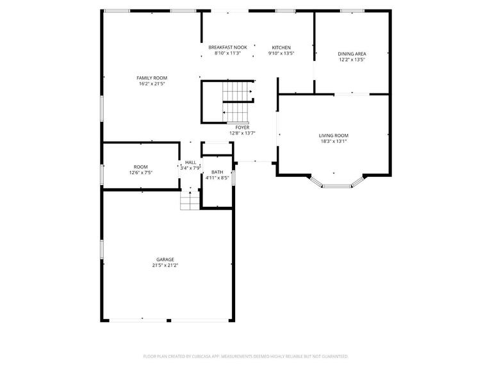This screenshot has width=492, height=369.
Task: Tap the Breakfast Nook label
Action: pos(227,47)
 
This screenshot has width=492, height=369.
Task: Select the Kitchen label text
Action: pos(281,47)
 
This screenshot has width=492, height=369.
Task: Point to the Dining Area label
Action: pos(352,54)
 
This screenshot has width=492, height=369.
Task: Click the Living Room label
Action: pos(334,135)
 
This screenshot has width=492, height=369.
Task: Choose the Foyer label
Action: pos(242,127)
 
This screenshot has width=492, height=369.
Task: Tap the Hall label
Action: pos(190,163)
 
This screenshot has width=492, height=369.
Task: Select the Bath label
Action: pos(217,172)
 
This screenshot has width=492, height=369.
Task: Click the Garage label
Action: pos(165,259)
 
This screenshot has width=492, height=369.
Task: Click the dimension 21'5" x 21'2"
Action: pos(165,265)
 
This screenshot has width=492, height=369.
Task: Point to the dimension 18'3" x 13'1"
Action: pos(334,142)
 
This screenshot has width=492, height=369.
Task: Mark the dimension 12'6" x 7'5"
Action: pos(140,173)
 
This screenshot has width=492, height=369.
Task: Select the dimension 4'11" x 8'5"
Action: pos(217,178)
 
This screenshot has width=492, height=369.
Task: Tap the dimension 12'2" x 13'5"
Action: pos(352,60)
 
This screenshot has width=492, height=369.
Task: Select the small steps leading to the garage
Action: pos(190,202)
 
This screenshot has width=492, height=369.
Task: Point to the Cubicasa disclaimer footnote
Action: pos(246,356)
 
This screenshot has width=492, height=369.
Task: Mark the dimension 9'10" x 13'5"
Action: pos(281,54)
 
